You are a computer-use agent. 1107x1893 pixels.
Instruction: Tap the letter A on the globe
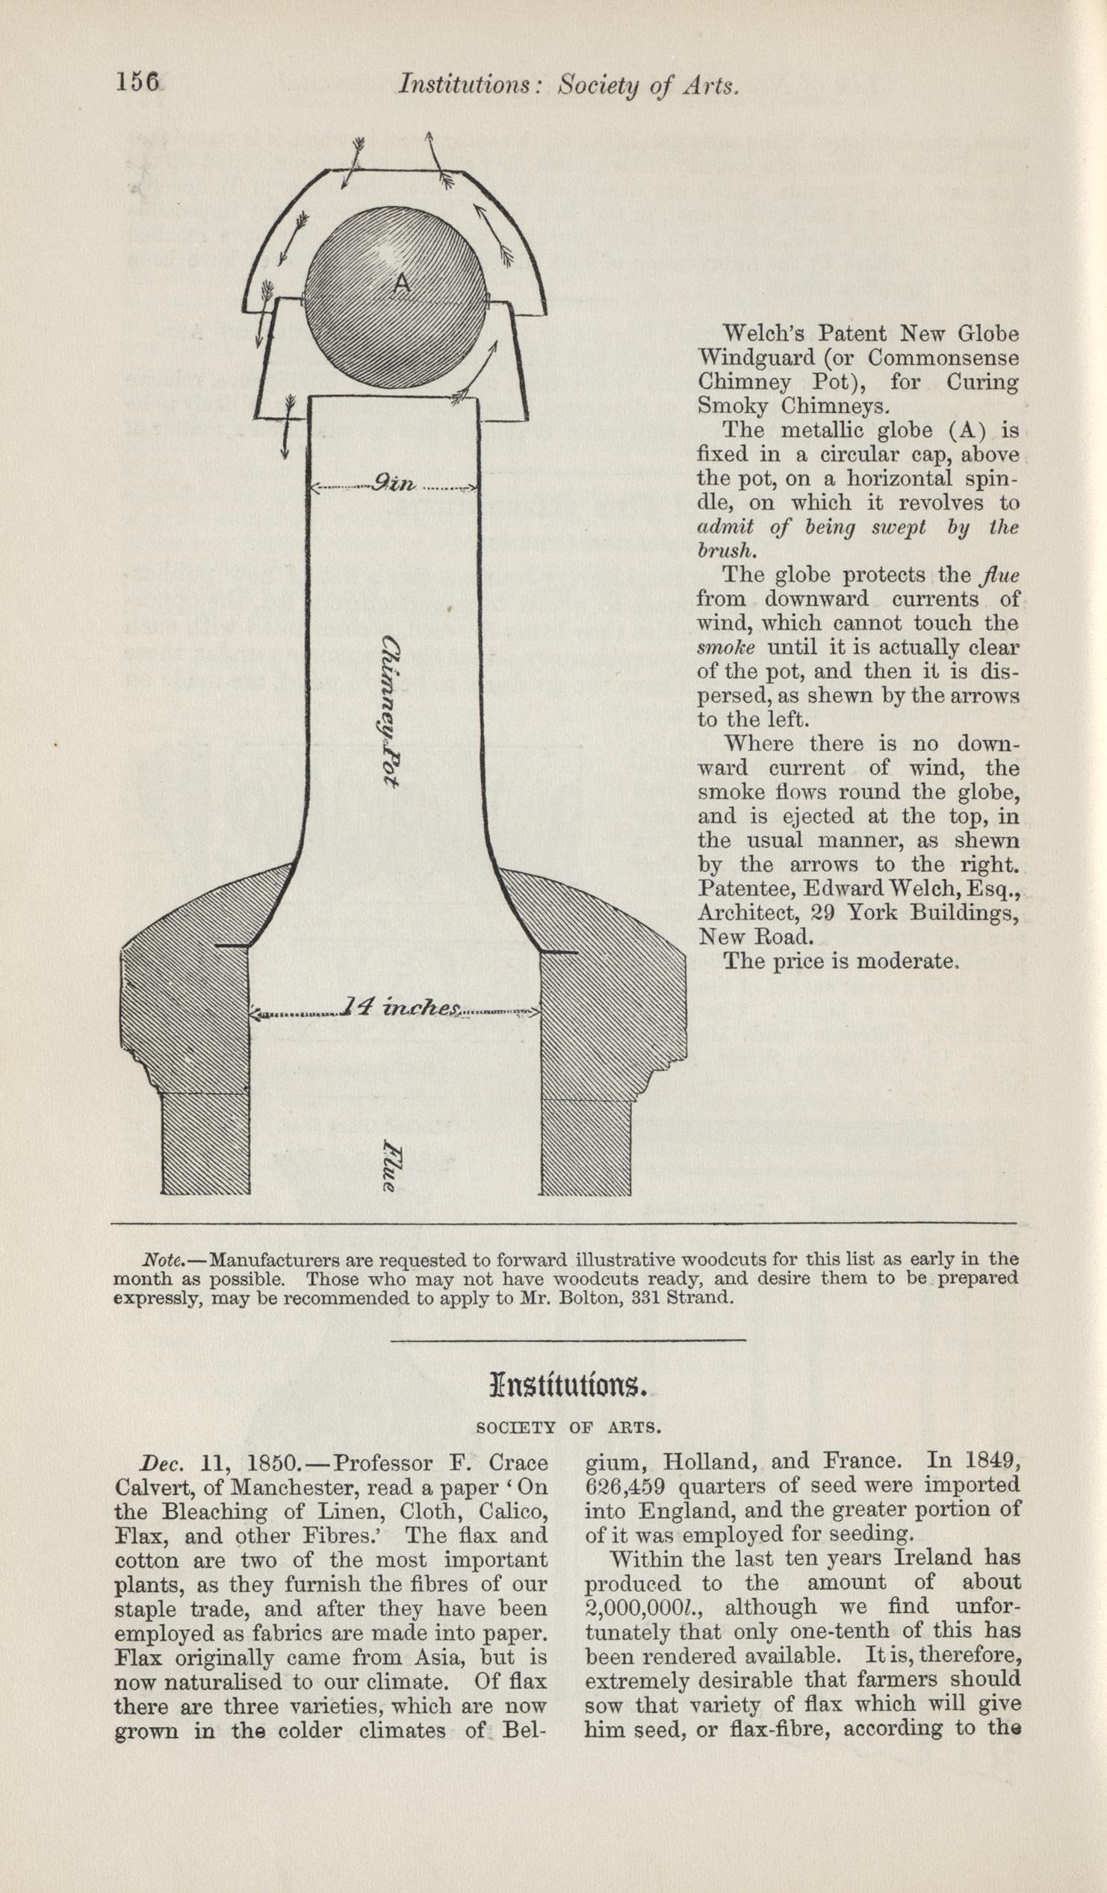(403, 282)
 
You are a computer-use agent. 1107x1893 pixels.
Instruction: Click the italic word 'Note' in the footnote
(156, 1259)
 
